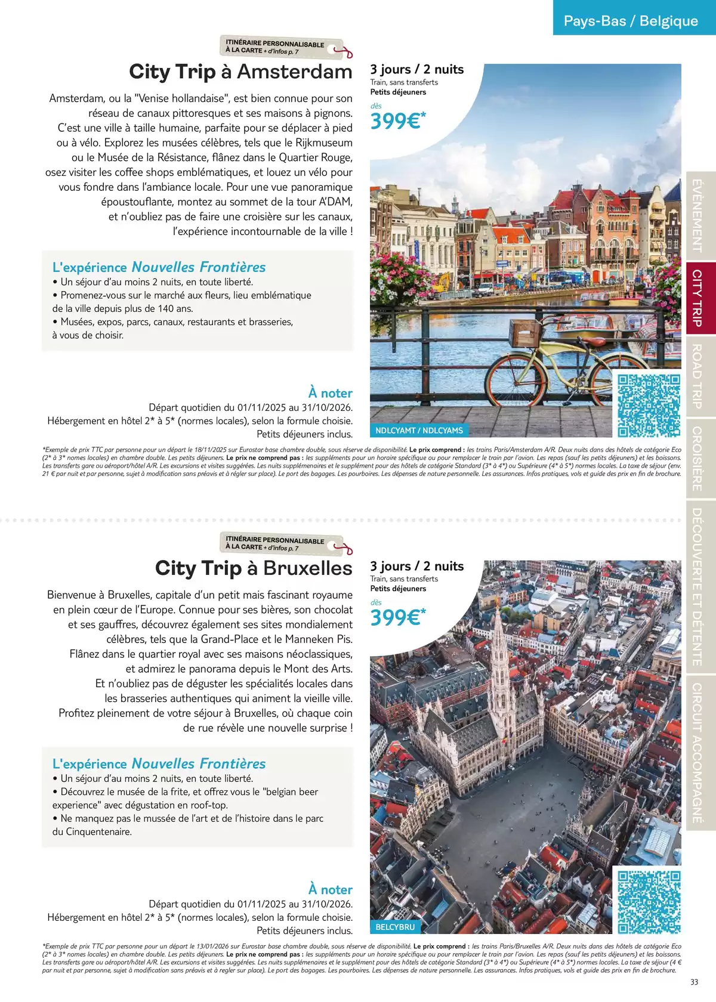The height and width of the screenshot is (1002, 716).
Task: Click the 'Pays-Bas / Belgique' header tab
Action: click(x=631, y=21)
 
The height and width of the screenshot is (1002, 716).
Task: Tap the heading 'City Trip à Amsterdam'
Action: click(x=240, y=72)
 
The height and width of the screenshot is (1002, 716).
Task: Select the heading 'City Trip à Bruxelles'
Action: click(x=254, y=568)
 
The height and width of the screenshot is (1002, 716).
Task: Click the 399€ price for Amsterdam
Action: click(x=397, y=121)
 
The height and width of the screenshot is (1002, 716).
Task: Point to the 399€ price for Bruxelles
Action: click(x=397, y=617)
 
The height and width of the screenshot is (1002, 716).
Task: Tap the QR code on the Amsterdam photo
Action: click(x=649, y=406)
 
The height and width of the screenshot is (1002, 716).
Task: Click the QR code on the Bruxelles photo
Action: click(x=649, y=902)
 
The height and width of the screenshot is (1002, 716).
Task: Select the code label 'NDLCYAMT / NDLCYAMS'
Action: click(x=419, y=430)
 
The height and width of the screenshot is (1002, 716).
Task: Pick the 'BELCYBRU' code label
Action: click(x=395, y=927)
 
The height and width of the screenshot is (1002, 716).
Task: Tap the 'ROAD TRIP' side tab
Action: click(x=696, y=376)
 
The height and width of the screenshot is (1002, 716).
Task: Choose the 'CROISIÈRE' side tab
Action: click(x=696, y=459)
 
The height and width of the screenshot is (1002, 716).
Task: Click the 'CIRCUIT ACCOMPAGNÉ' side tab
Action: click(x=696, y=753)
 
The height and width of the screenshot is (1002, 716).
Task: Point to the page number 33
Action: click(x=694, y=982)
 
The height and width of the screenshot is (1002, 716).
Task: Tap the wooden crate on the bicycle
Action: click(x=525, y=331)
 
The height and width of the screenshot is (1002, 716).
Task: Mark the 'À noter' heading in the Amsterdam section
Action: click(x=330, y=393)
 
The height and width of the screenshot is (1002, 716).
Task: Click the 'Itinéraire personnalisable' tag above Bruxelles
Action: click(x=280, y=543)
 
